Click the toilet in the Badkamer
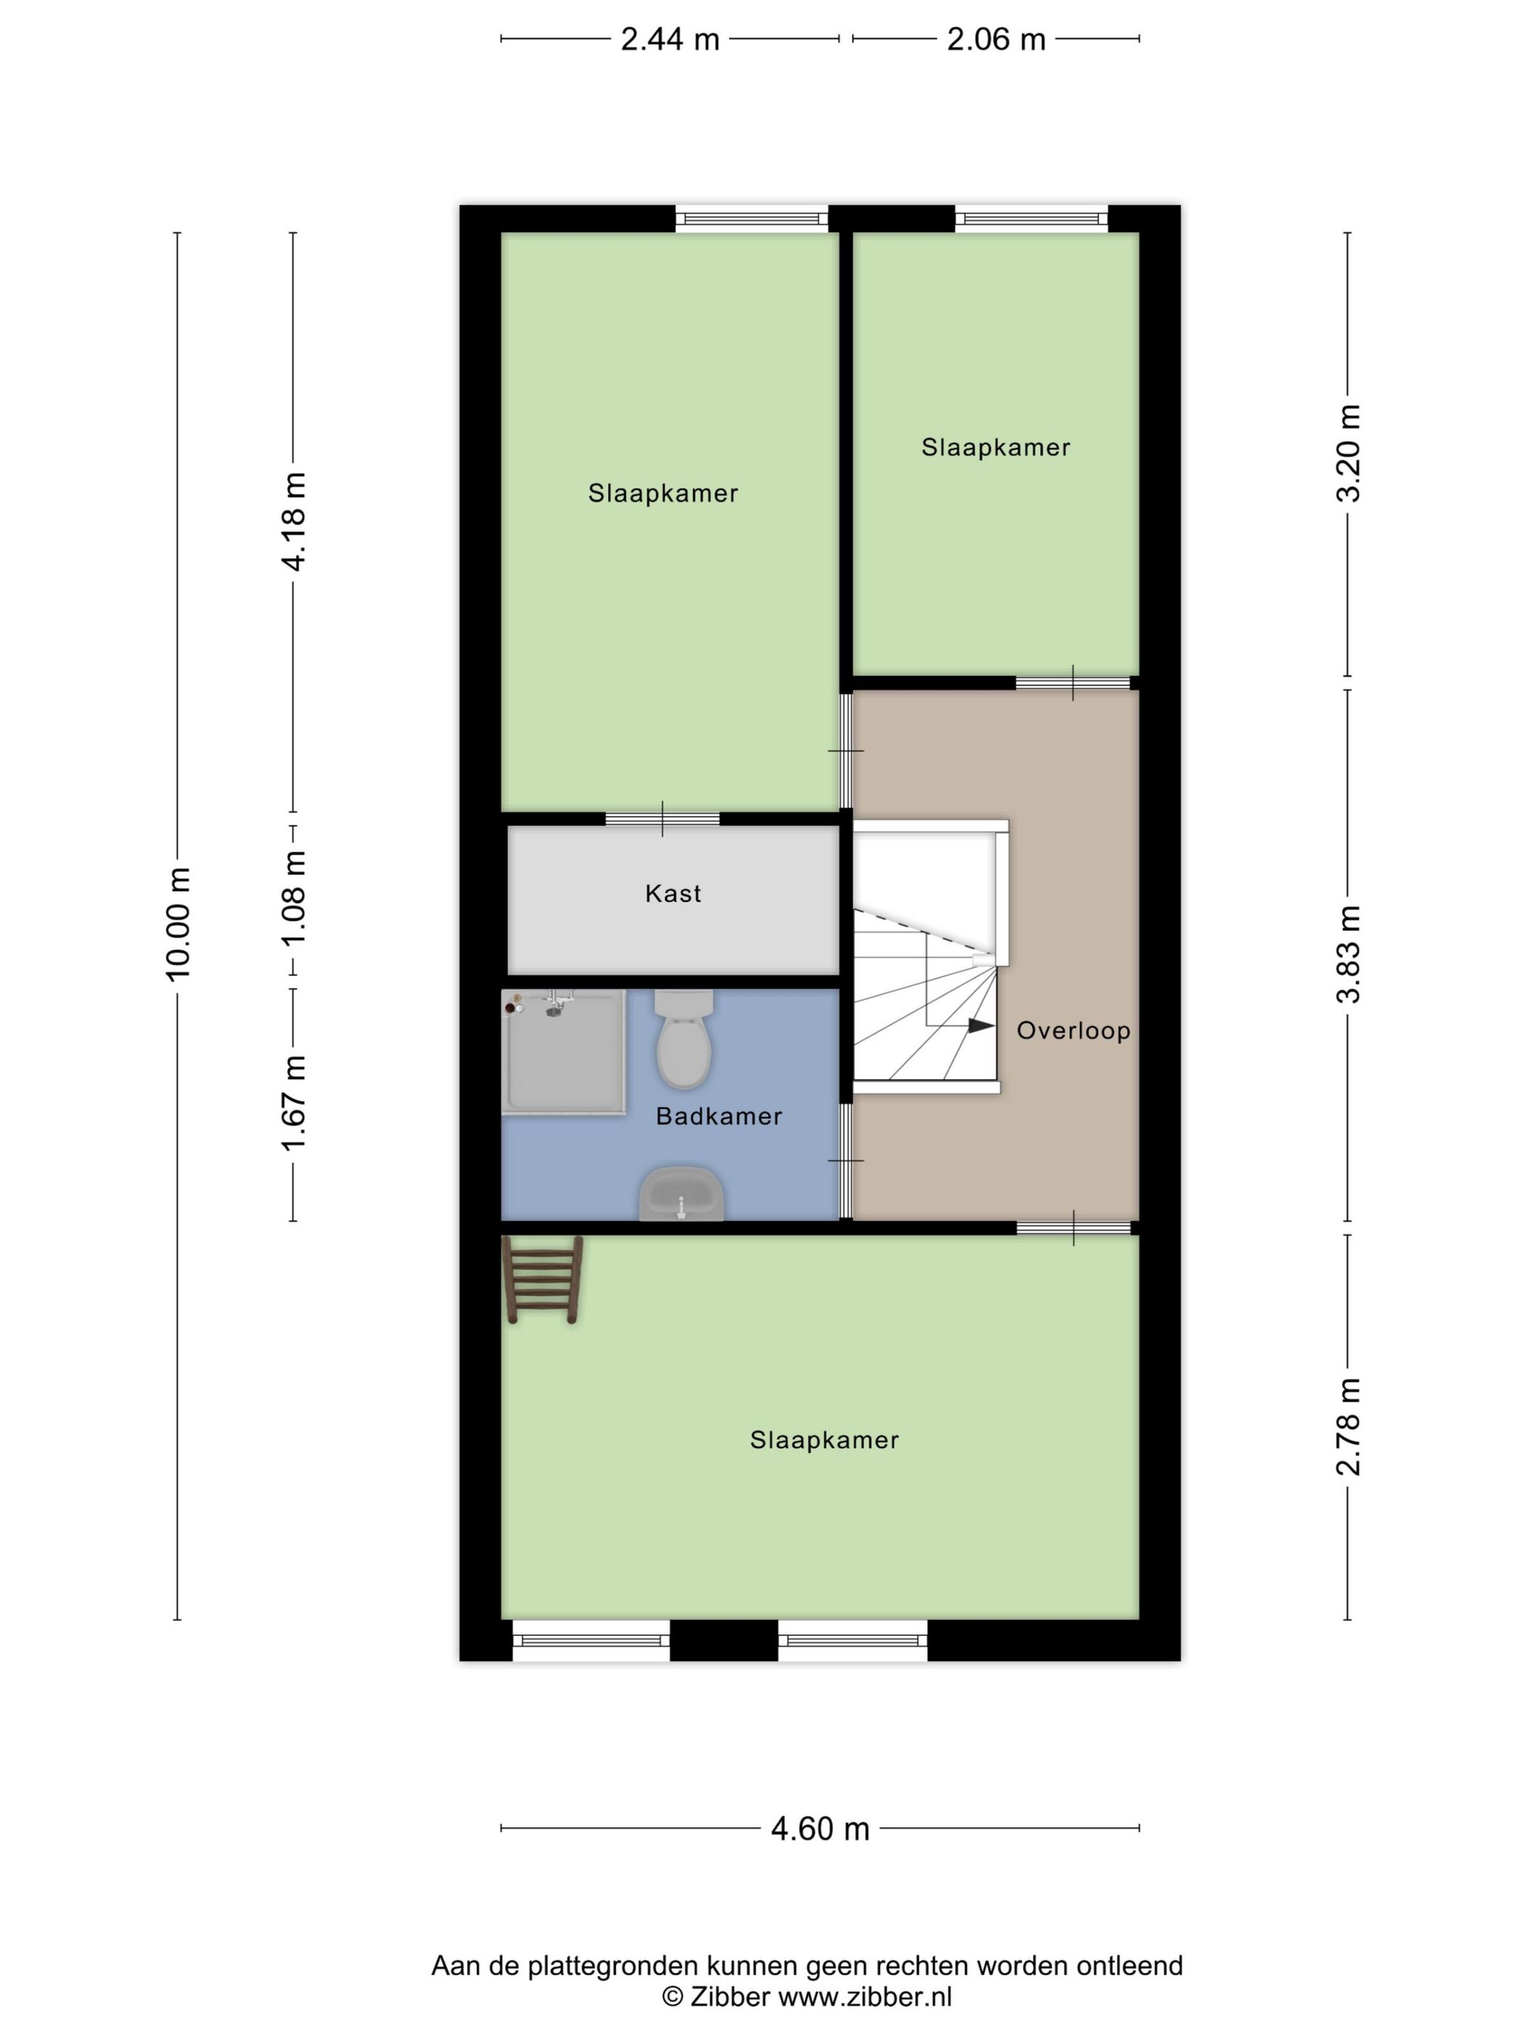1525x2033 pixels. [x=684, y=1040]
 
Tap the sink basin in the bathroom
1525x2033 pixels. [x=681, y=1194]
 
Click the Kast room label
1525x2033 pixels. [x=673, y=893]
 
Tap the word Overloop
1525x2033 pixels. [x=1073, y=1030]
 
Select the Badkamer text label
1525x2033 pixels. [x=719, y=1117]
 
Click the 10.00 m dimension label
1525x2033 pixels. [x=179, y=924]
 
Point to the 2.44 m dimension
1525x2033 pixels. [x=670, y=39]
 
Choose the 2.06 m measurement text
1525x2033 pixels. [x=996, y=39]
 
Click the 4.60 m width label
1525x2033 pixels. [x=820, y=1829]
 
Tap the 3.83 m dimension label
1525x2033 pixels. [x=1349, y=954]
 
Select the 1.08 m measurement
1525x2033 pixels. [x=294, y=899]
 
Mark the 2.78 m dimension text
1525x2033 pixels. [x=1349, y=1427]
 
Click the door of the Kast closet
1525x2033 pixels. [x=662, y=819]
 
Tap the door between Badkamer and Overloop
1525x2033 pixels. [x=846, y=1161]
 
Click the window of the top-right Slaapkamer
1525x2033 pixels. [x=1030, y=219]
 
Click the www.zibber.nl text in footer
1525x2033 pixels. [x=865, y=1996]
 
